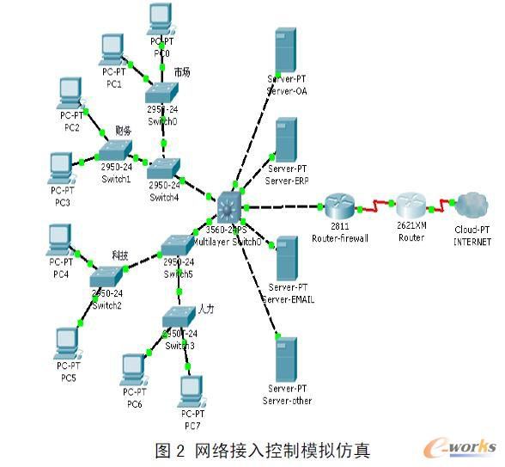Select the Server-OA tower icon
click(x=286, y=51)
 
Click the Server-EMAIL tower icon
click(x=288, y=258)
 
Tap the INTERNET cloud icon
click(x=470, y=206)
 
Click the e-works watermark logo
click(x=464, y=446)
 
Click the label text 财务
click(x=122, y=131)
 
